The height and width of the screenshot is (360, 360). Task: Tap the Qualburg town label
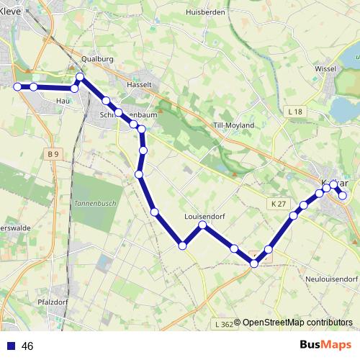pyautogui.click(x=98, y=59)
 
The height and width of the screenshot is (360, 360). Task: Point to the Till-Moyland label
pyautogui.click(x=234, y=125)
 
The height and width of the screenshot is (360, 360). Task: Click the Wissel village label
pyautogui.click(x=326, y=68)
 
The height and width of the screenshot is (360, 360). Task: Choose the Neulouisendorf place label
pyautogui.click(x=331, y=278)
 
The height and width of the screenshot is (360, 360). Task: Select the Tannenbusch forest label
pyautogui.click(x=90, y=203)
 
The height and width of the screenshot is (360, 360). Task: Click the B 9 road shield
pyautogui.click(x=52, y=154)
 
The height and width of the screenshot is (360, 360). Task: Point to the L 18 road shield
pyautogui.click(x=294, y=112)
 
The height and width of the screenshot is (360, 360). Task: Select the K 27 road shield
pyautogui.click(x=280, y=204)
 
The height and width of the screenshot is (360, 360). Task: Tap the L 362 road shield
pyautogui.click(x=224, y=325)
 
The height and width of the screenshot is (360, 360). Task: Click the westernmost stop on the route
pyautogui.click(x=18, y=86)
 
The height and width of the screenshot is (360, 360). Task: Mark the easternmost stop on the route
pyautogui.click(x=343, y=195)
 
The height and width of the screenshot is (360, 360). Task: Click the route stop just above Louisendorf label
pyautogui.click(x=203, y=225)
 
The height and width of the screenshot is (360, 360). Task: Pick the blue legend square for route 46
pyautogui.click(x=11, y=346)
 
